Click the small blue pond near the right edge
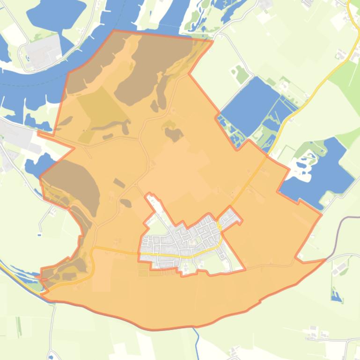336,295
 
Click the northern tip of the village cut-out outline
149,194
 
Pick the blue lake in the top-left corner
56,14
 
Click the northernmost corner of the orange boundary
114,31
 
